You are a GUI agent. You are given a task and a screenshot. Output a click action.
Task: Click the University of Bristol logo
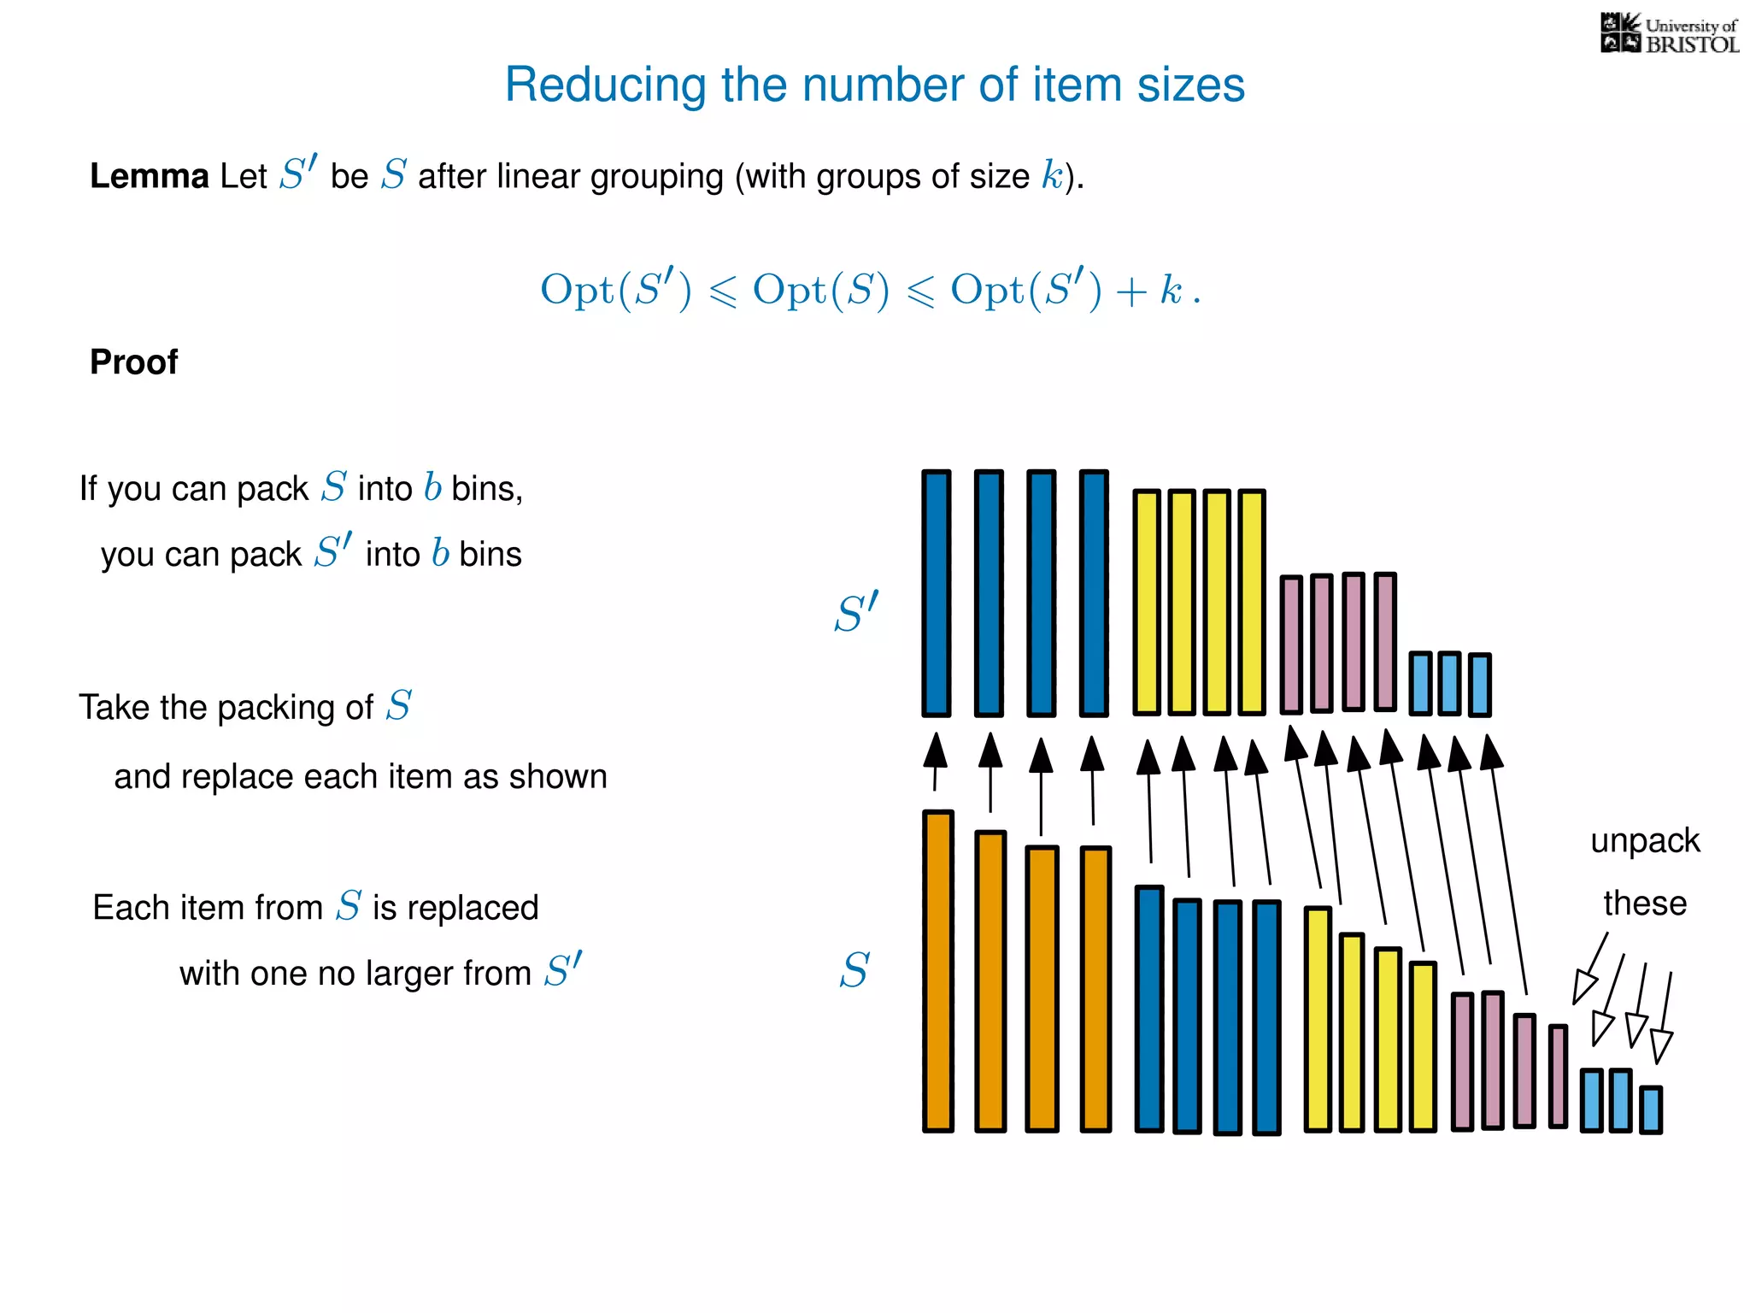coord(1669,34)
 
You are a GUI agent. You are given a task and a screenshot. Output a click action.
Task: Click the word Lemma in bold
coord(150,176)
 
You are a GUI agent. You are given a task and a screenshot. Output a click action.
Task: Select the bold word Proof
coord(134,362)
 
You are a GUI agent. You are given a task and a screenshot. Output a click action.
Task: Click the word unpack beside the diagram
coord(1645,841)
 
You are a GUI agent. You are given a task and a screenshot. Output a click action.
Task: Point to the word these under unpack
coord(1645,904)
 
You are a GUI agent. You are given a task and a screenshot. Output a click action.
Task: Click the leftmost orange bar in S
coord(937,971)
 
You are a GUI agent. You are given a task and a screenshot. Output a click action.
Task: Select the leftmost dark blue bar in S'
coord(937,593)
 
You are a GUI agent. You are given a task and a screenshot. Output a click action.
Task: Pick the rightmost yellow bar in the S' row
coord(1252,602)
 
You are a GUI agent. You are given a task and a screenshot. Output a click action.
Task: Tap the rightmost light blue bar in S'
coord(1480,684)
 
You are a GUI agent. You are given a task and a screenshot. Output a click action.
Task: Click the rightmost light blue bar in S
coord(1651,1110)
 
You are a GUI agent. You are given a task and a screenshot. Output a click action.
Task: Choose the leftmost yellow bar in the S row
coord(1318,1019)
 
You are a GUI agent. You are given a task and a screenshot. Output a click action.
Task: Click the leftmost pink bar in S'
coord(1291,645)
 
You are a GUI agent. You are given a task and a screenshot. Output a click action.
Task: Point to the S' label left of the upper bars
coord(856,613)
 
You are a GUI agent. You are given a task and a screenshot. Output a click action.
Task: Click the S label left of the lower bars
coord(854,971)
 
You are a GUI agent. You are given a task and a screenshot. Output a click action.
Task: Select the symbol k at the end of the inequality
coord(1170,290)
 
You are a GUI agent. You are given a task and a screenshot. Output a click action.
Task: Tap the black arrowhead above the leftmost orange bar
coord(937,750)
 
